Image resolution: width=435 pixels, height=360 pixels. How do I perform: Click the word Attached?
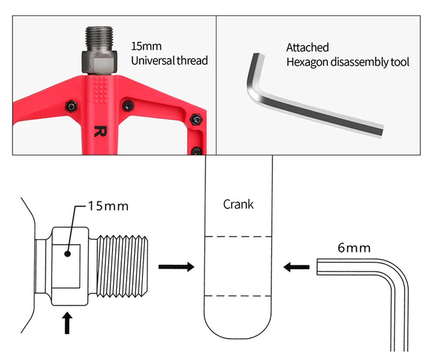click(x=307, y=47)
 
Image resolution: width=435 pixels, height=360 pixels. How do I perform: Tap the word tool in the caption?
click(x=399, y=62)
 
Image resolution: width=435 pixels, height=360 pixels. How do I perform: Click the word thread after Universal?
click(x=192, y=61)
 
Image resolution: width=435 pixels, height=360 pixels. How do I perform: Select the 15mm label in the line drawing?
click(x=108, y=205)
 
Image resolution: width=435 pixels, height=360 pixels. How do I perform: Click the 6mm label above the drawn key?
click(x=354, y=248)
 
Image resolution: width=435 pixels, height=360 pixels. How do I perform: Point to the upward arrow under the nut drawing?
click(x=67, y=323)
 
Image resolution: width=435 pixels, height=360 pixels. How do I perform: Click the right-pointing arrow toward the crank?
click(x=176, y=266)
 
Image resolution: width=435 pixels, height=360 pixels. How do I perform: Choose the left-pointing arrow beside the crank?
click(x=296, y=266)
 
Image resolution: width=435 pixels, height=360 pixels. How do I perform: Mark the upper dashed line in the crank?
click(x=238, y=237)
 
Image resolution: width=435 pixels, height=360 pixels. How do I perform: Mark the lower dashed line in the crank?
click(x=238, y=296)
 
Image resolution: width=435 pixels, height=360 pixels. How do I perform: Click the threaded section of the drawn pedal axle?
click(x=124, y=266)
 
